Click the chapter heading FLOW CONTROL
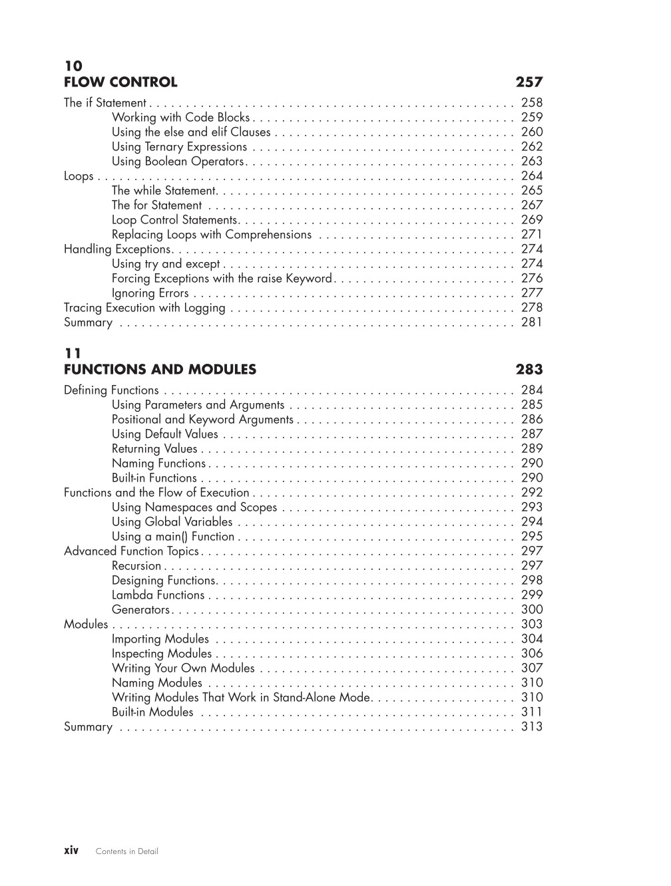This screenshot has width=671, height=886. coord(120,82)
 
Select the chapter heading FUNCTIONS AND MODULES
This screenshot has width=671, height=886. coord(160,370)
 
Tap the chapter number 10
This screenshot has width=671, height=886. coord(73,66)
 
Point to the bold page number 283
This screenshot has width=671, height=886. coord(529,370)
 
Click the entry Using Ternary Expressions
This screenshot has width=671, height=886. coord(179,147)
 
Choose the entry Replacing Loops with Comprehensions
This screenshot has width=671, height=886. coord(211,235)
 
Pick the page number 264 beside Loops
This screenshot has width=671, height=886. coord(532,176)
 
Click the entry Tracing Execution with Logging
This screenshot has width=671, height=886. coord(144,308)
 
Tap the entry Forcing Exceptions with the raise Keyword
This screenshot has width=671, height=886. coord(221,279)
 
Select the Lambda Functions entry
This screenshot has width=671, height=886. coord(158,595)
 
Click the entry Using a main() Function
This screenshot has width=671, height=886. coord(173,537)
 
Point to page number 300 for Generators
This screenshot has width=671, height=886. coord(532,610)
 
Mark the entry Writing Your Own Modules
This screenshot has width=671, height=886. coord(183,668)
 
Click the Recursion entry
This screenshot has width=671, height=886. coord(136,566)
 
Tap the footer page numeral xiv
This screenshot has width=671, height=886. coord(71,851)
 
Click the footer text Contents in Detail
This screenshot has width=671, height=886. coord(127,851)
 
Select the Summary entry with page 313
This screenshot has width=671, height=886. coord(88,727)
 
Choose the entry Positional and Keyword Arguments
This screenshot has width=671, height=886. coord(202,420)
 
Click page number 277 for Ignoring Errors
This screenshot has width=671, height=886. coord(532,293)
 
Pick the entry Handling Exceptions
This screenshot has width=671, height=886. coord(117,249)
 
